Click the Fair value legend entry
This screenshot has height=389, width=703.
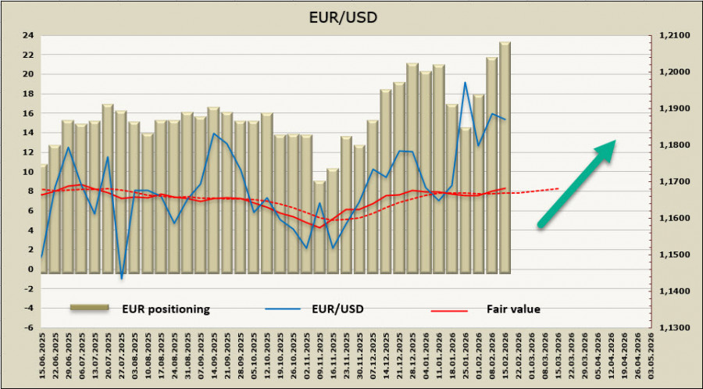point(513,309)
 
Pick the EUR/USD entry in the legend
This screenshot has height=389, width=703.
point(337,309)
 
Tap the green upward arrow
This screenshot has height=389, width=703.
point(577,184)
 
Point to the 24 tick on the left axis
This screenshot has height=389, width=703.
point(27,35)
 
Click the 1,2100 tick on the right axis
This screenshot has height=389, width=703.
point(673,35)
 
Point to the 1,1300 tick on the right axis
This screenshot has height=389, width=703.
point(673,328)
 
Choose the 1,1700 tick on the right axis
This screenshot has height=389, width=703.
point(673,182)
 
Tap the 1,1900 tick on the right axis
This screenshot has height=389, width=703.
point(673,109)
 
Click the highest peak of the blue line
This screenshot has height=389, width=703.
point(466,83)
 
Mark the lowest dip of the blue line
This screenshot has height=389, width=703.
point(121,277)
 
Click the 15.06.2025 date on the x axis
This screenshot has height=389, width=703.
point(43,355)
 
